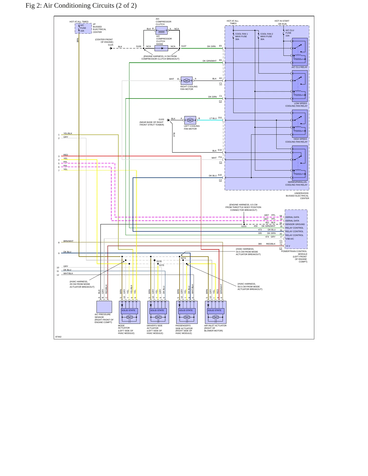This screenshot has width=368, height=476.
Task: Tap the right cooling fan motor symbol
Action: tap(187, 81)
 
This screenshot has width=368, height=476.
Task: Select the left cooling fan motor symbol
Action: tap(190, 120)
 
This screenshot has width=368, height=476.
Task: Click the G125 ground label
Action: tap(111, 45)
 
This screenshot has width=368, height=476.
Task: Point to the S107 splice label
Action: tap(184, 46)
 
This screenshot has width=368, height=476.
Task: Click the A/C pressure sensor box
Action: tap(104, 307)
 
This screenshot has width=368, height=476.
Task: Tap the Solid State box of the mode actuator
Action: tap(129, 311)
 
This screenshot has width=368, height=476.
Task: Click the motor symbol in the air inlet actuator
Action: tap(216, 317)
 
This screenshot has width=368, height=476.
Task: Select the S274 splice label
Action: tap(183, 258)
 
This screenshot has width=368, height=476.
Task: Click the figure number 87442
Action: tap(58, 337)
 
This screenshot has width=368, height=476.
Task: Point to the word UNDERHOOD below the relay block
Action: tap(301, 193)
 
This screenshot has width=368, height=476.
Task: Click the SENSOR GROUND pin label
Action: tap(295, 224)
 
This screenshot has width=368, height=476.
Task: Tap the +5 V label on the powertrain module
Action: tap(288, 246)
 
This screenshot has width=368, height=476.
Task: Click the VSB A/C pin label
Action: tap(290, 239)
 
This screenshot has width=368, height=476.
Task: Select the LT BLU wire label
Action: tap(213, 118)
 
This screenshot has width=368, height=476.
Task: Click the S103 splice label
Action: tap(244, 226)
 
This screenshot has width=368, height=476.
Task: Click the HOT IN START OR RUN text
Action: tap(282, 22)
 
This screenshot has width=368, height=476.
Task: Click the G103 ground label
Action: tap(161, 119)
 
